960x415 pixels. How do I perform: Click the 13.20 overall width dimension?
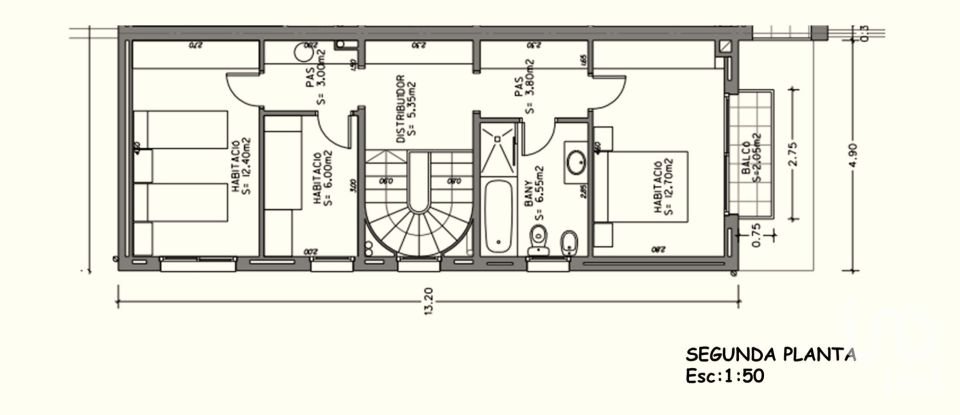[430, 307]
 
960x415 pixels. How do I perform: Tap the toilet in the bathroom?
[538, 238]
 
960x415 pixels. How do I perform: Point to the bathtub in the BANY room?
[496, 214]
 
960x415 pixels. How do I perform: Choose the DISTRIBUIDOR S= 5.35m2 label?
[404, 108]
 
